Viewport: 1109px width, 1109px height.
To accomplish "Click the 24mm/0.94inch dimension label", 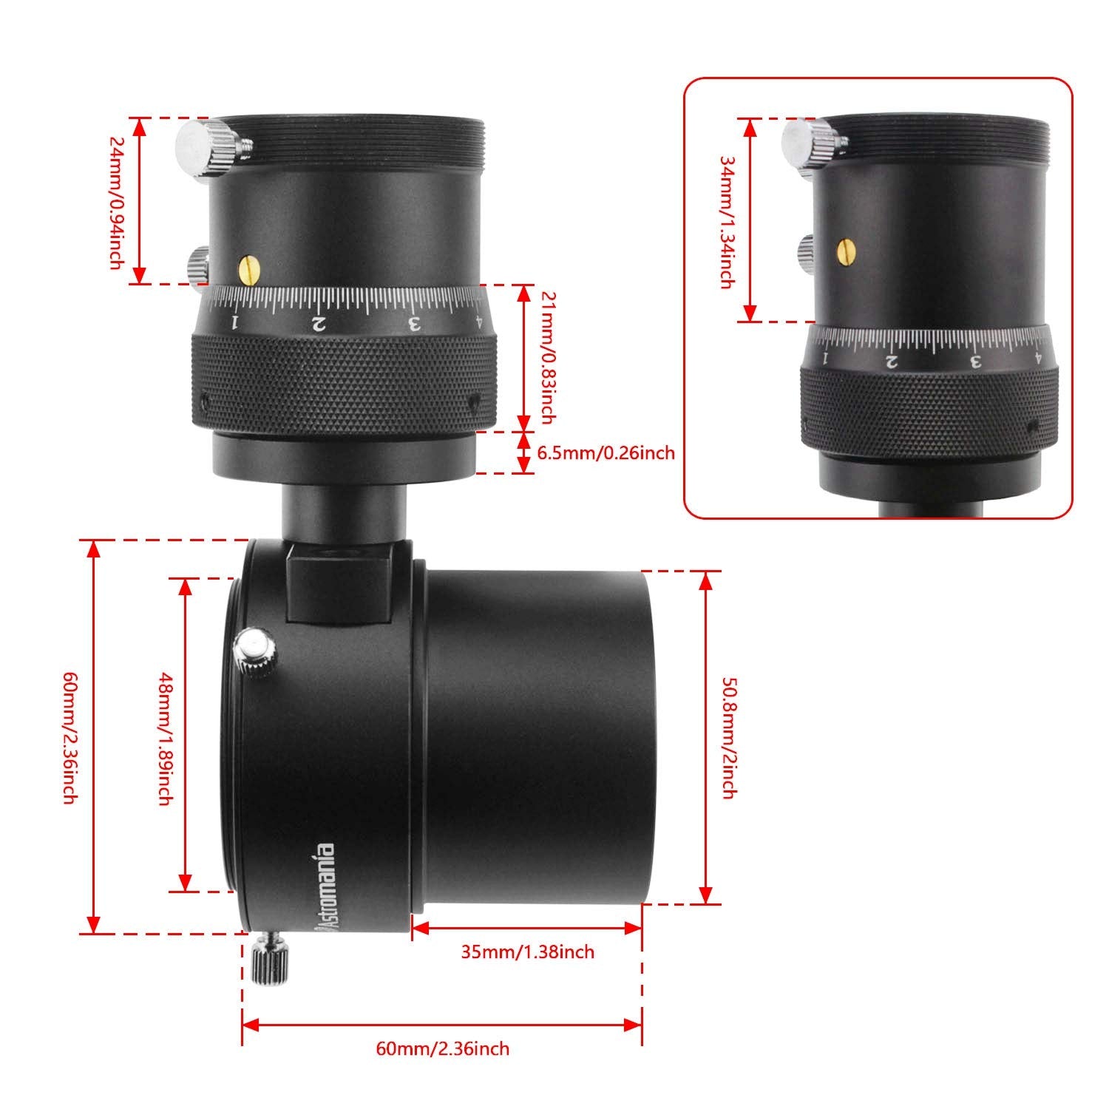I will pos(117,202).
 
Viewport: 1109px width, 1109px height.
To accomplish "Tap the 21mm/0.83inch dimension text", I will pos(548,358).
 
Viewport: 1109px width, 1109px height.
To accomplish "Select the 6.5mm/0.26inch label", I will pos(606,452).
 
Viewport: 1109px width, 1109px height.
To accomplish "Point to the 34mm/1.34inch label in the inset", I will pos(727,220).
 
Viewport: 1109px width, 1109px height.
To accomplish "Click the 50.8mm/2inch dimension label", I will pos(728,737).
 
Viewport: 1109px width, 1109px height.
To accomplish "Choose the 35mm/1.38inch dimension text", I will pos(527,952).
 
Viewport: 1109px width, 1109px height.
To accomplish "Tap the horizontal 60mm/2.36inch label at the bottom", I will pos(442,1048).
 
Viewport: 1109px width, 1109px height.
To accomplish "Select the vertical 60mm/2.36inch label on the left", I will pos(70,737).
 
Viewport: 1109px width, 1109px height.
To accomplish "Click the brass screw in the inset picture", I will pos(849,251).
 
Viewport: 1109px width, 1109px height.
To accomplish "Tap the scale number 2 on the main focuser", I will pos(319,323).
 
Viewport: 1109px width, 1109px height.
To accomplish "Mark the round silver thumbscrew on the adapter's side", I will pos(256,651).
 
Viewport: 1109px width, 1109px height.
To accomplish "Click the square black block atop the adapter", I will pos(339,581).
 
